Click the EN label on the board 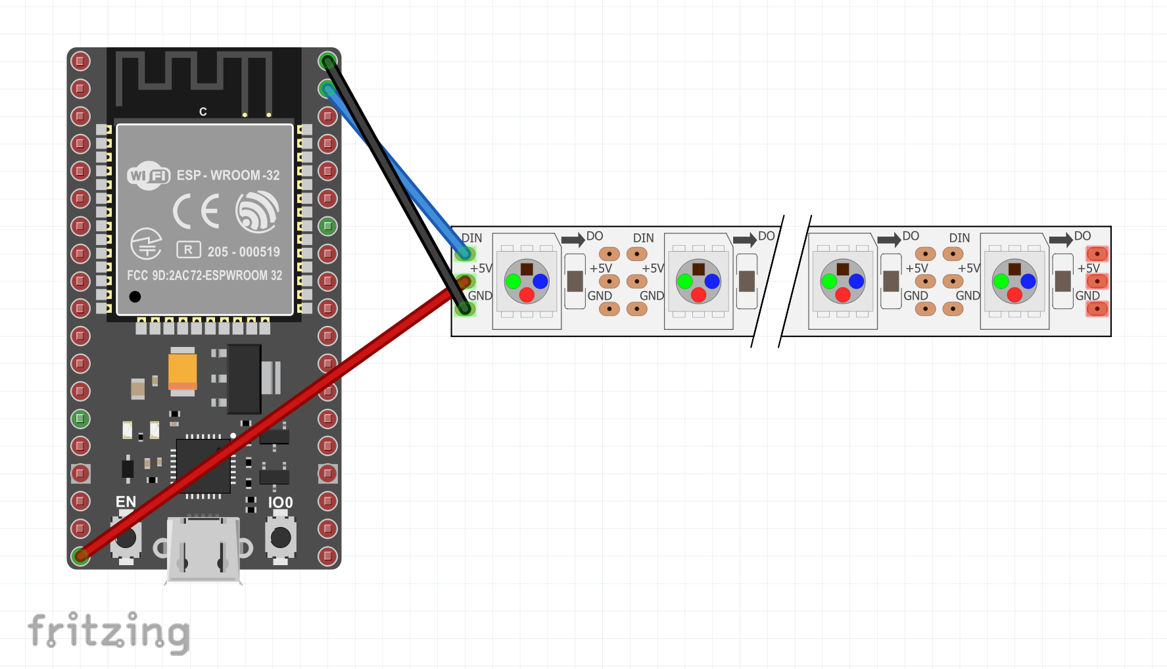click(x=126, y=502)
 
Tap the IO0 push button click(x=281, y=537)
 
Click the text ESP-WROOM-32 click(x=228, y=175)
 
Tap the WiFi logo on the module click(x=149, y=175)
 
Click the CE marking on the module click(x=196, y=212)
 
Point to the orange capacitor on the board click(x=183, y=372)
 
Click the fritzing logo click(x=108, y=632)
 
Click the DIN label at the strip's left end click(x=471, y=238)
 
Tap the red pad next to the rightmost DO click(x=1097, y=254)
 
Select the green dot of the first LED click(x=513, y=281)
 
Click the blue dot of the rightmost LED click(x=1028, y=281)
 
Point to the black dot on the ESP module click(x=135, y=296)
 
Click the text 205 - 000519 click(x=243, y=252)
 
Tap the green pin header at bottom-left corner click(x=80, y=556)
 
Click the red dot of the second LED click(x=698, y=295)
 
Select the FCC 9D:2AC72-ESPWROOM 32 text click(x=204, y=275)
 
